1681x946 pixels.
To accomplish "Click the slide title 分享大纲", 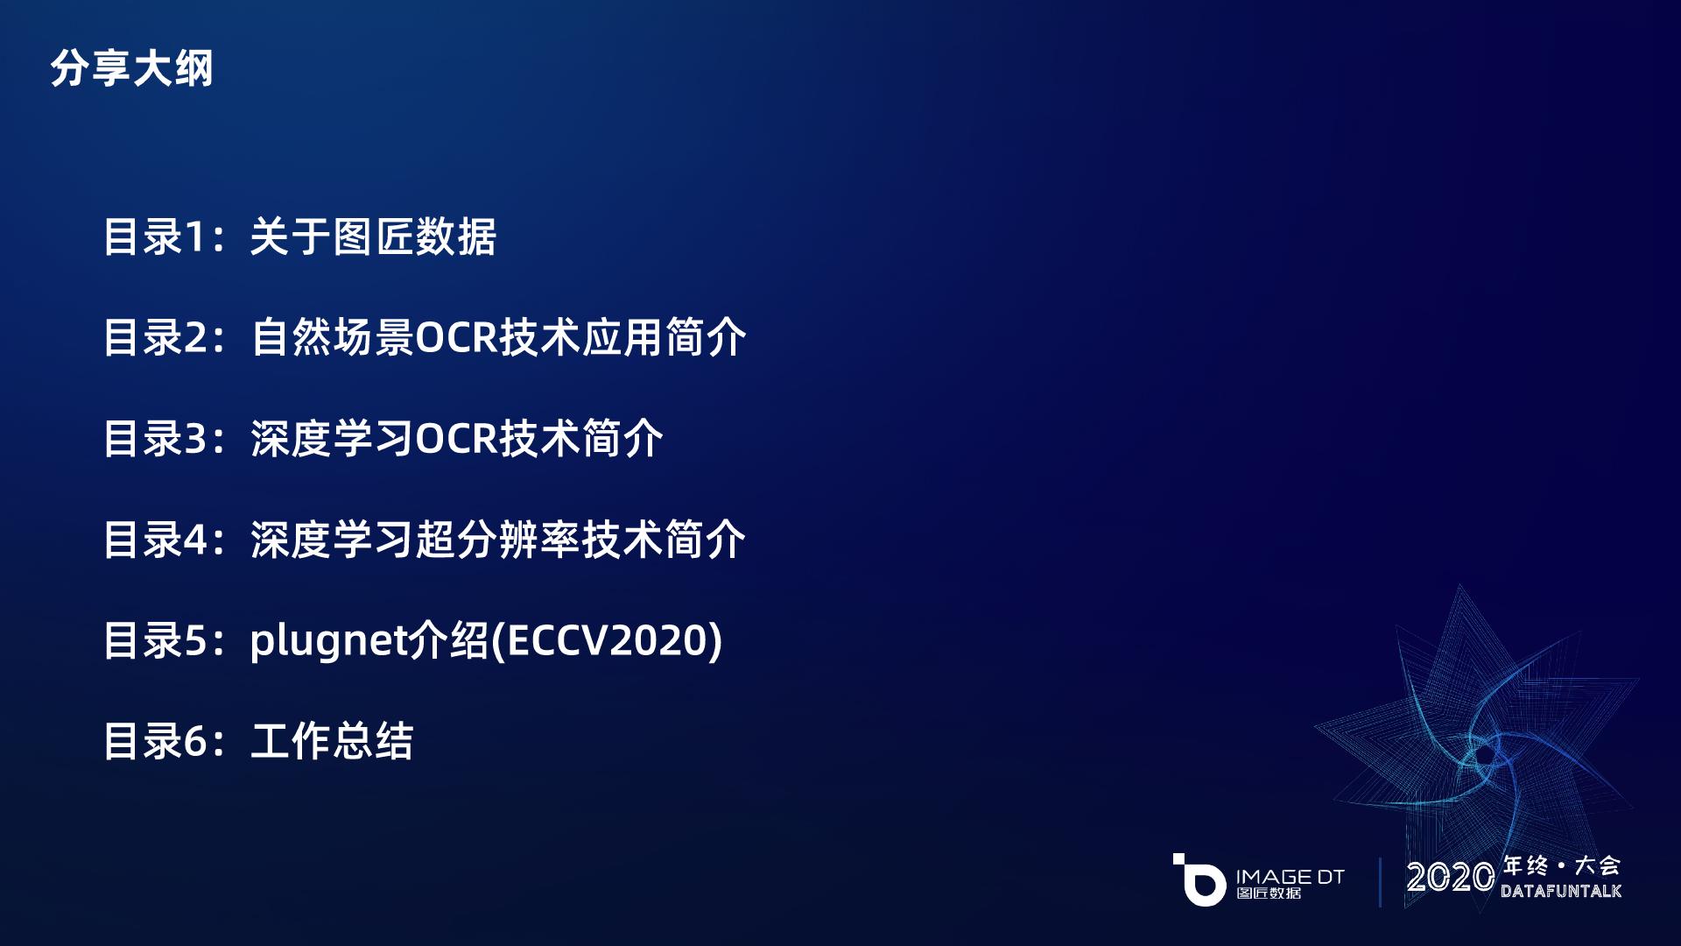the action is pos(131,68).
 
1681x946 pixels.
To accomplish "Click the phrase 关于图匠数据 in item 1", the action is pos(374,237).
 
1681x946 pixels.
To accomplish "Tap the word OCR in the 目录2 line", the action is pos(456,338).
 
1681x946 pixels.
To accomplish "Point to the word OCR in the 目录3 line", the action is pos(456,439).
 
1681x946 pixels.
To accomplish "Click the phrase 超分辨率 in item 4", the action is pos(498,540).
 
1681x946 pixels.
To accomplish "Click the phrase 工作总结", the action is pos(332,741).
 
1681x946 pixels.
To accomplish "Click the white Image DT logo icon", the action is pos(1199,879).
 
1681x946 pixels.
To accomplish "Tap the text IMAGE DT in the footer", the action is pos(1290,876).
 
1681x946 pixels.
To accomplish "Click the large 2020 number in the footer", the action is pos(1451,877).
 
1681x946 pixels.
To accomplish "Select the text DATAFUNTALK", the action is pos(1561,891).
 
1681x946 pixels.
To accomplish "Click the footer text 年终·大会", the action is pos(1561,865).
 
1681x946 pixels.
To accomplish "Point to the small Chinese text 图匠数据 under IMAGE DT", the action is pos(1269,893).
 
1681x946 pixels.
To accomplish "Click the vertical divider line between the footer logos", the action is pos(1380,881).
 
